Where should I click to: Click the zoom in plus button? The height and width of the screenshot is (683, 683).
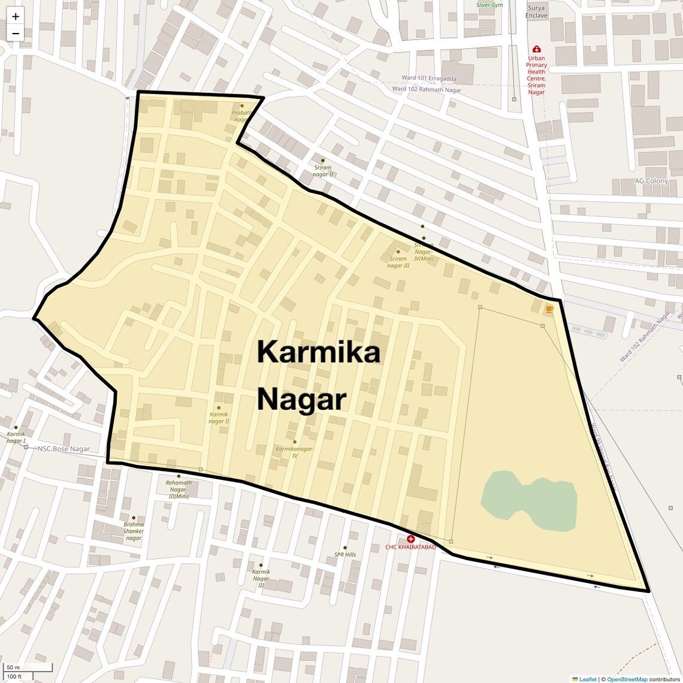[16, 16]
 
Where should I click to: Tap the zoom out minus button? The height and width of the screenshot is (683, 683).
[16, 34]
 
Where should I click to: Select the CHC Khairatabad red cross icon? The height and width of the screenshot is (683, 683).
[410, 539]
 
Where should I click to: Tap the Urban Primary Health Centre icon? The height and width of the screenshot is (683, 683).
[536, 49]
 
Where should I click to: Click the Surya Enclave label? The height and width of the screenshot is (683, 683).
[536, 12]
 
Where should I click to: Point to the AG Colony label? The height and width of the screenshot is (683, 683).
[651, 181]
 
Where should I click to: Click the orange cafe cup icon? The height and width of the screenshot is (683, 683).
[549, 309]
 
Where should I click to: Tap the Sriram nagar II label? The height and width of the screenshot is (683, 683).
[323, 171]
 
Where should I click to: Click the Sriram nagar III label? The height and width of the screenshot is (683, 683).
[399, 262]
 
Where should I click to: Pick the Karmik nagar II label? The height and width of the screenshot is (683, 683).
[219, 418]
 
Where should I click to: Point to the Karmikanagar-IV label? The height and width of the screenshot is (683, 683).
[295, 452]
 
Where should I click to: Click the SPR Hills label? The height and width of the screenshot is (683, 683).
[345, 555]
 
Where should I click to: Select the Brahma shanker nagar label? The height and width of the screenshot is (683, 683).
[134, 531]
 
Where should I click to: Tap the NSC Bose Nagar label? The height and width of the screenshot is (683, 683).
[64, 449]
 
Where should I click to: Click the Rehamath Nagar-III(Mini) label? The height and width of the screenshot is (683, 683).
[179, 489]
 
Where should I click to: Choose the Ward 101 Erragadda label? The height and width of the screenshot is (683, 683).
[428, 78]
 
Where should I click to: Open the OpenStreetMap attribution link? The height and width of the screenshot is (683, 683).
[627, 679]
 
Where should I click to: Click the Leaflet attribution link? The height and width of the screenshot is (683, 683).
[587, 679]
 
